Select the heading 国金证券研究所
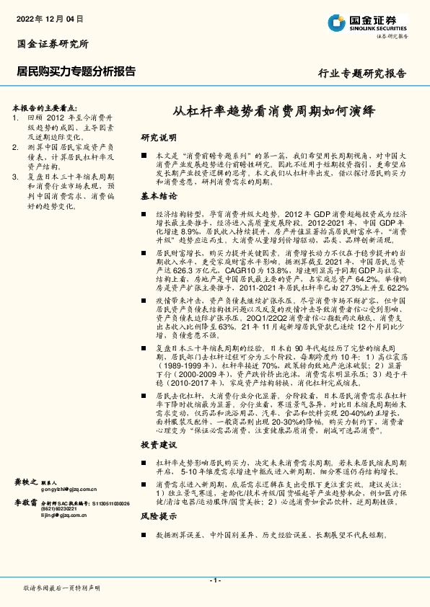click(53, 43)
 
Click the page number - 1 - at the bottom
click(215, 580)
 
